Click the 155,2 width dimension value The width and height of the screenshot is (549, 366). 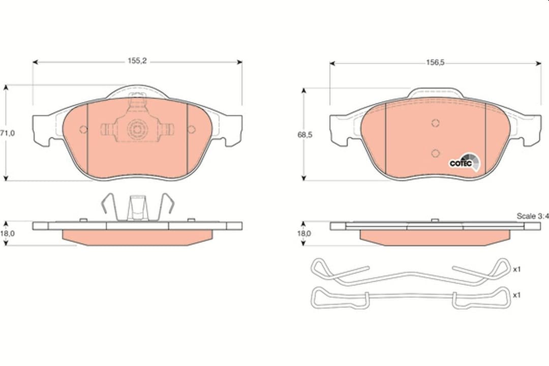pos(137,60)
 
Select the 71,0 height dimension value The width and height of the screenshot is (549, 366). pos(7,133)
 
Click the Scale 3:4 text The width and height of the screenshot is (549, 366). pos(532,216)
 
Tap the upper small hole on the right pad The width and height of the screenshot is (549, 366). pos(435,123)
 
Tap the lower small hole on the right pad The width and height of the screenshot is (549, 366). pos(435,153)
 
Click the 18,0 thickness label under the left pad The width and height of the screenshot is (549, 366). pos(7,233)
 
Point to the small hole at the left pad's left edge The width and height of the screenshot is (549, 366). pos(83,130)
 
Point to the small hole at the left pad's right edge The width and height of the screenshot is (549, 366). pos(191,130)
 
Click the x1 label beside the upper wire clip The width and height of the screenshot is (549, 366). pos(517,269)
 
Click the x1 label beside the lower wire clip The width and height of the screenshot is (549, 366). pos(517,295)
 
